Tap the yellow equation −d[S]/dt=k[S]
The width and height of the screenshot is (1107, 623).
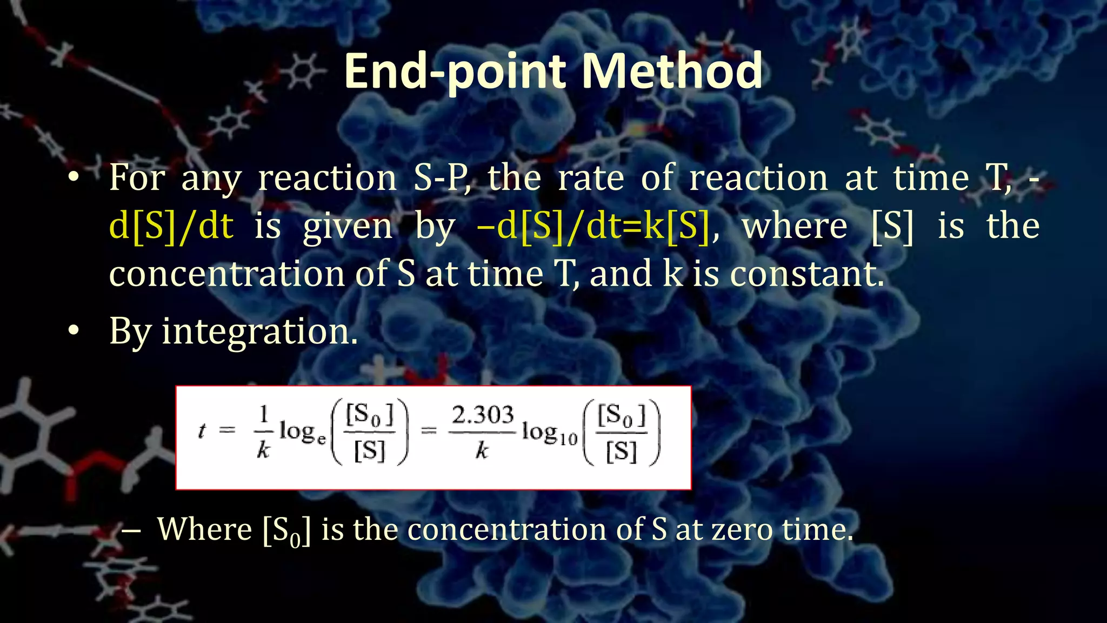(593, 226)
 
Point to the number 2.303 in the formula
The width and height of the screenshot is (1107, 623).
(482, 415)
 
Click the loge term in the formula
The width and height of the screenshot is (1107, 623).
(303, 432)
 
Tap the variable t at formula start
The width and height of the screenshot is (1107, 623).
(202, 430)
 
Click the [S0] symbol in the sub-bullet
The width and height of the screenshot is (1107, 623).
(286, 531)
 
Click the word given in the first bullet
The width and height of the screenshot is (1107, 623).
(347, 226)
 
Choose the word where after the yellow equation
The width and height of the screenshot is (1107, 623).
(794, 226)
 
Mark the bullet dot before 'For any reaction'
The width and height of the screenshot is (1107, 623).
(74, 177)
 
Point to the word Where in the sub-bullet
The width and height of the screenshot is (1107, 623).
(204, 529)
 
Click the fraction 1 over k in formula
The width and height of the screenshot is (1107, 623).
(263, 432)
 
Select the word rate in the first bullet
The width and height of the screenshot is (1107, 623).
(590, 178)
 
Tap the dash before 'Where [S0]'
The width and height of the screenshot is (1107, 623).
(131, 530)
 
